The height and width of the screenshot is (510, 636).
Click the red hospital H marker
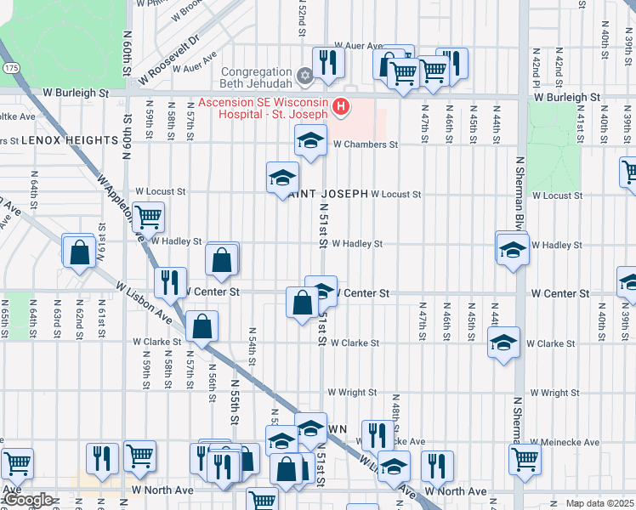click(x=341, y=106)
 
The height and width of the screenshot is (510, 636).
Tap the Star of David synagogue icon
click(x=304, y=76)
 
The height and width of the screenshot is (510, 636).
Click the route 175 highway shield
click(x=9, y=66)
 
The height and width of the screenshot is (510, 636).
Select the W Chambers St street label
click(x=365, y=144)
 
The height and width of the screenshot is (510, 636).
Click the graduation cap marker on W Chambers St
click(x=311, y=139)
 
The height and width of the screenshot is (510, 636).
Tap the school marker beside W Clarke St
click(x=503, y=343)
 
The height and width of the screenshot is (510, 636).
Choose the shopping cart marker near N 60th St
click(x=148, y=217)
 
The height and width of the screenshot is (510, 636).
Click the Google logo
click(x=28, y=501)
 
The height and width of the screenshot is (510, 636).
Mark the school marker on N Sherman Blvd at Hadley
click(x=512, y=250)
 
